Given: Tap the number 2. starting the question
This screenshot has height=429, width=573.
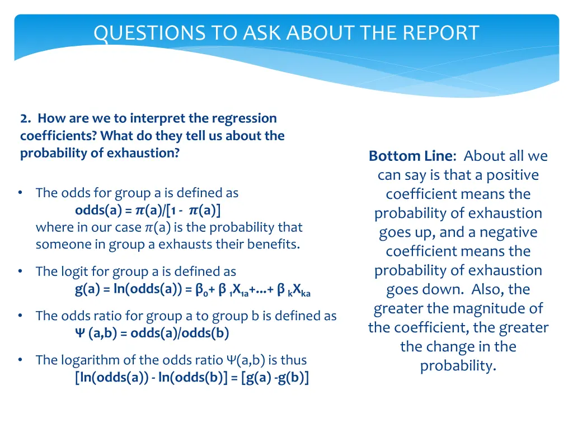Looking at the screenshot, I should click(x=25, y=118).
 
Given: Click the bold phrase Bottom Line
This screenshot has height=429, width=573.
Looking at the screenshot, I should click(x=412, y=156).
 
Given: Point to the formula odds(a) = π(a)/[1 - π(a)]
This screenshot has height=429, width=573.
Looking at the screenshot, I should click(x=148, y=210).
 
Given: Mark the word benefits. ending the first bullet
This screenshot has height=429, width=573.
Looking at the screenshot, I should click(x=273, y=244).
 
